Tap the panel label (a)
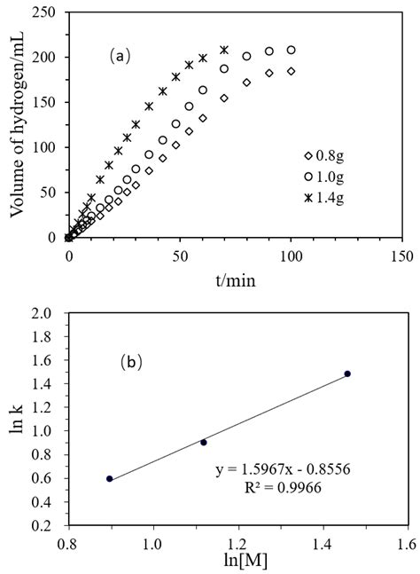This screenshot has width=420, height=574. point(120,56)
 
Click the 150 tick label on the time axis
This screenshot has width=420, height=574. point(402,256)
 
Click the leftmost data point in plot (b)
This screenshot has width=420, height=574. point(109,479)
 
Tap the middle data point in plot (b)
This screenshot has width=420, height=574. point(204,442)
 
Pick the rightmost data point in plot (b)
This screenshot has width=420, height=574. point(347,373)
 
